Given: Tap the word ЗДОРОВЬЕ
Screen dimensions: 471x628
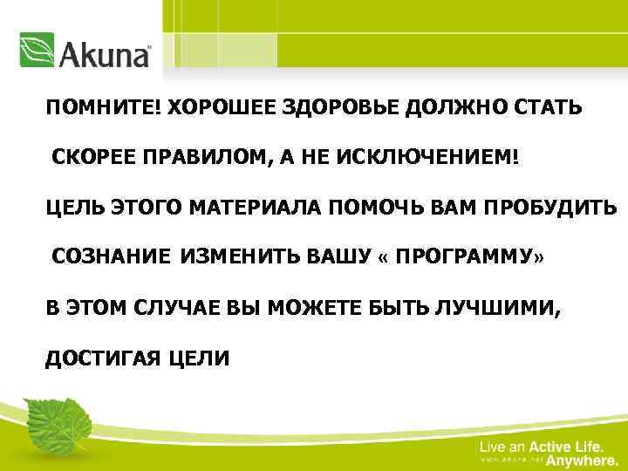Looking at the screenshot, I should point(326,107).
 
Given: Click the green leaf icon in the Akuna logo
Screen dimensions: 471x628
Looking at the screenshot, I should point(37,51).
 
